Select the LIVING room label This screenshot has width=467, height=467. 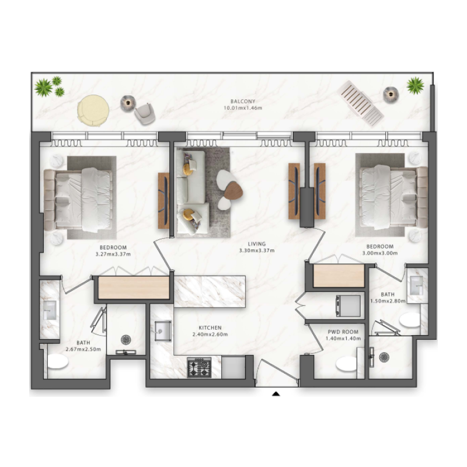tap(256, 244)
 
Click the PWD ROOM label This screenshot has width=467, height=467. tap(343, 332)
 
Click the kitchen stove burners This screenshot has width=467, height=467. tap(198, 368)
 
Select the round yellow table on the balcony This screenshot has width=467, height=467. tap(93, 110)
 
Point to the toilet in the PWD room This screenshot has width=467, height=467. tap(347, 364)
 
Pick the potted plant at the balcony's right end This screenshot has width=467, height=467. tap(415, 86)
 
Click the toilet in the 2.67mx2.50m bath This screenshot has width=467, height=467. tap(57, 362)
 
